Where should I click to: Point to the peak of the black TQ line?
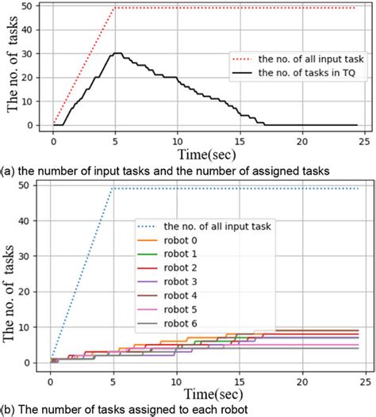click(x=117, y=54)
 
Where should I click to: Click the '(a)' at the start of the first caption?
click(x=8, y=169)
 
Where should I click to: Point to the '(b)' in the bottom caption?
click(x=8, y=410)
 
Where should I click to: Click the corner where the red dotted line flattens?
click(x=115, y=8)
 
